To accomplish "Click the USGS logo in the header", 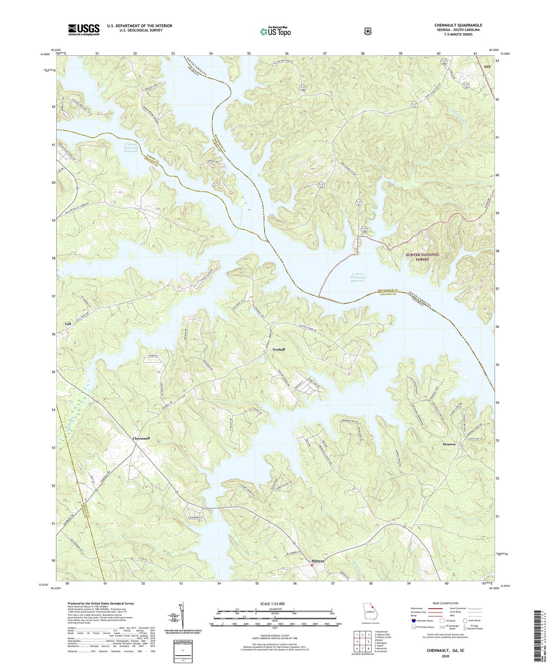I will (x=84, y=30).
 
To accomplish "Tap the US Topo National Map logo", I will (x=275, y=31).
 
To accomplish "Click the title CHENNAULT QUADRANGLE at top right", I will (x=458, y=25).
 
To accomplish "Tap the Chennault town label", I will (x=141, y=438).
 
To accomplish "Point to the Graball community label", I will (x=279, y=349).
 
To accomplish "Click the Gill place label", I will (x=68, y=324).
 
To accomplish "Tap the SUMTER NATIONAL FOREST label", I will (x=422, y=257).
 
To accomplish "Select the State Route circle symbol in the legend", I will (x=465, y=620).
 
